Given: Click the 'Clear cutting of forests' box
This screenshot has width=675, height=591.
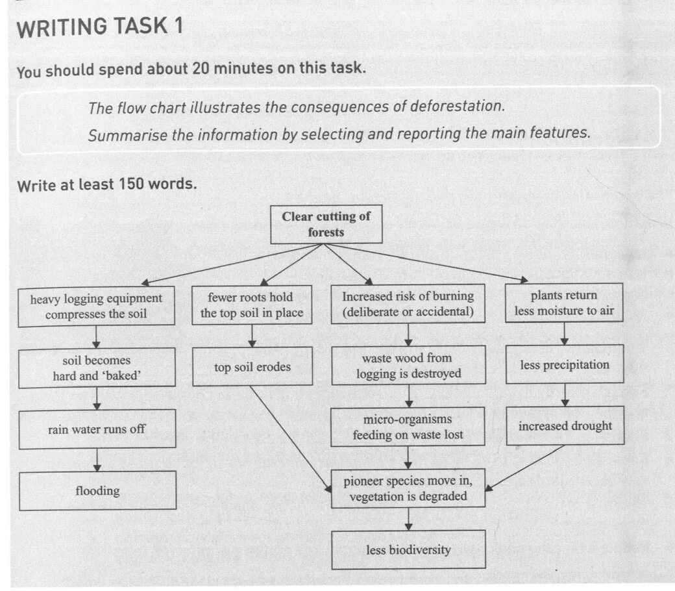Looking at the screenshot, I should click(326, 225).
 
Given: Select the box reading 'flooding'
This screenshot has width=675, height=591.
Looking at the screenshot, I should click(97, 490).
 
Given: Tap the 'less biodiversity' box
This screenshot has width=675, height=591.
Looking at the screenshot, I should click(408, 550).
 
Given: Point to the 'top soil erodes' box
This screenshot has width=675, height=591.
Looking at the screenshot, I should click(252, 367).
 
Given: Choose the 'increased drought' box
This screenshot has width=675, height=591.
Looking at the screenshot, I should click(565, 426).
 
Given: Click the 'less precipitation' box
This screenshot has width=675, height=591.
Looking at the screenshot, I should click(565, 364).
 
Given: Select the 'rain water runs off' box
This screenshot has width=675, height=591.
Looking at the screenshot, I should click(97, 429).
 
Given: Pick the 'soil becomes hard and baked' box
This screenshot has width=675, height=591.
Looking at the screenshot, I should click(97, 368).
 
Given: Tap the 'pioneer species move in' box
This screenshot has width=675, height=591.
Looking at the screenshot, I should click(408, 488).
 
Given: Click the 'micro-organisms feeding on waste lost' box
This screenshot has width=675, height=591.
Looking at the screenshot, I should click(408, 427).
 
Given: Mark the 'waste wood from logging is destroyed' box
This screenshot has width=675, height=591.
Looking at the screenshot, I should click(408, 366).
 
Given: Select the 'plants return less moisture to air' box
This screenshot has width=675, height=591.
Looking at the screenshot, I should click(564, 303).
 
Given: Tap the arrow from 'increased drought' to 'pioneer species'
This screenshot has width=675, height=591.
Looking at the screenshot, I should click(526, 466).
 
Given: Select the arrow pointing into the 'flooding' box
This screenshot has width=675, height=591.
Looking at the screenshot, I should click(97, 459).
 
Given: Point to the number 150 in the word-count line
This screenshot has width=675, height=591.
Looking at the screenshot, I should click(130, 184).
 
